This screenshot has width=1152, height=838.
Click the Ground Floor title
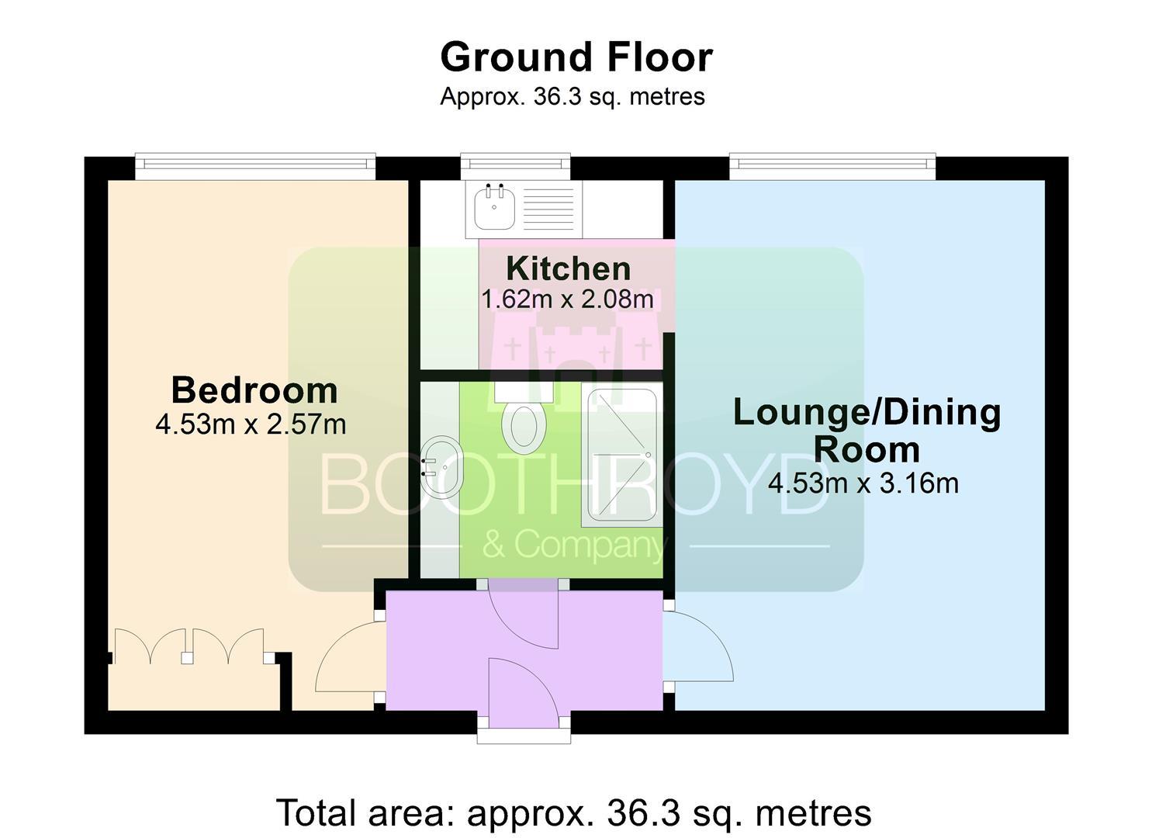point(576,57)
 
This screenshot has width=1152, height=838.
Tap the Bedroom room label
point(254,390)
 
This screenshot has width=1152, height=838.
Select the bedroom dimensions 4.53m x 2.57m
point(251,425)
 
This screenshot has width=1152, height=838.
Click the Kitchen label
point(569,268)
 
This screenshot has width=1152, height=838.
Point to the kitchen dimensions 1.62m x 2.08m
point(567,299)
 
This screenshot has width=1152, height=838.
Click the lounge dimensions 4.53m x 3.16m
point(863,483)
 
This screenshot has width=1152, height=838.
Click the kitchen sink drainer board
point(548,209)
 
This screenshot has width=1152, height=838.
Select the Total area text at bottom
point(574,813)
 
